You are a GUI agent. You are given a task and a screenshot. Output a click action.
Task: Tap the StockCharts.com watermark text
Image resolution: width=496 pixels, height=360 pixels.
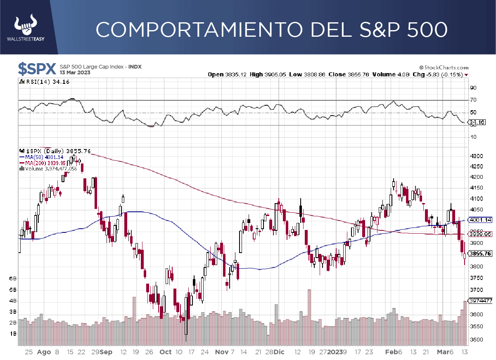pos(444,68)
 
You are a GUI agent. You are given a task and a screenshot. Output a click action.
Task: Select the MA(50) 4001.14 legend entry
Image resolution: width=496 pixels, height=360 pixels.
pos(39,157)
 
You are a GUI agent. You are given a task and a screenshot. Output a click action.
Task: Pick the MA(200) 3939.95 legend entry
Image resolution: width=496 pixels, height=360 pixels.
pos(40,163)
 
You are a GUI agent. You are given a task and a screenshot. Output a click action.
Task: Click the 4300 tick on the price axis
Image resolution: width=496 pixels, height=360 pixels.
pos(477,156)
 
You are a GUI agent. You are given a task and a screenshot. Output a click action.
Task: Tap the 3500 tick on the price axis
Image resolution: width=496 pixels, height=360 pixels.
pos(477,340)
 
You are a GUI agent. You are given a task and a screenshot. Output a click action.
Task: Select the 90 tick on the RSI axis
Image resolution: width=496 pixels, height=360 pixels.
pos(473,88)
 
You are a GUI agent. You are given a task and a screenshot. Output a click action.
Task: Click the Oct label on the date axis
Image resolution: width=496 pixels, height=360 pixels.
pos(166,352)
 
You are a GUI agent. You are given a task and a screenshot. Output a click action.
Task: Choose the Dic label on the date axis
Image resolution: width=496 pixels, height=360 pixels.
pos(279,352)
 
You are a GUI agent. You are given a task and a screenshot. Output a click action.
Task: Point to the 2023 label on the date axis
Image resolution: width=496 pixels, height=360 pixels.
pos(335,352)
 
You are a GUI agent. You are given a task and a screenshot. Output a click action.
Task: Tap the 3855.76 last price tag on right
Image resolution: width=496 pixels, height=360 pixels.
pos(480,253)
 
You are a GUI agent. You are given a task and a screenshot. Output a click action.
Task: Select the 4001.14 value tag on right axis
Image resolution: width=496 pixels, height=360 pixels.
pos(480,220)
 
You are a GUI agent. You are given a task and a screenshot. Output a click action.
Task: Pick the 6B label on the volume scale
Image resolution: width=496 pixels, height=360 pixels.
pos(13,279)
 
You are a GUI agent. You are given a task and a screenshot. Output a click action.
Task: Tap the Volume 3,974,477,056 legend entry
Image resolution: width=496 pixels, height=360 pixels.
pos(50,168)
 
